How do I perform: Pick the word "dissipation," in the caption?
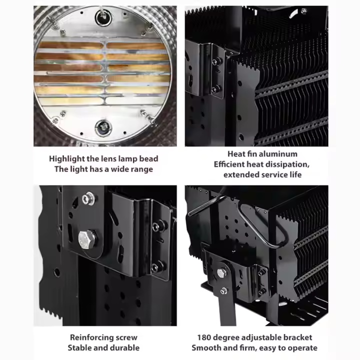tap(289, 164)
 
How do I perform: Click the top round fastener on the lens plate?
tap(103, 17)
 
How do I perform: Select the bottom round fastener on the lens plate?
tap(103, 128)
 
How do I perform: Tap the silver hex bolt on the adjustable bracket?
tap(221, 273)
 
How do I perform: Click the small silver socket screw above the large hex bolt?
tap(88, 198)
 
